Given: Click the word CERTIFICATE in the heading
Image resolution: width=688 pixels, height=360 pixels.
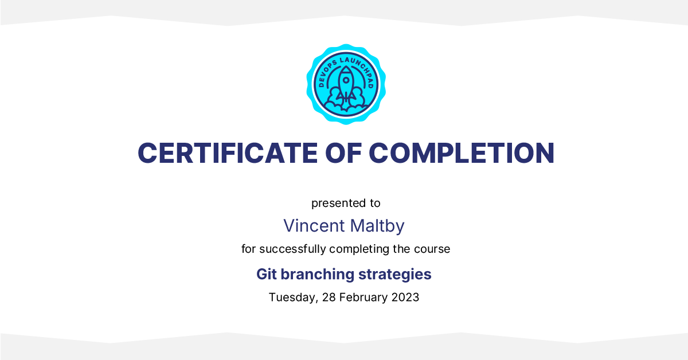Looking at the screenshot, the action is (x=228, y=153).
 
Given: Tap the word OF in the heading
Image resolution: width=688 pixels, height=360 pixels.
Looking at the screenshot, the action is (x=343, y=153).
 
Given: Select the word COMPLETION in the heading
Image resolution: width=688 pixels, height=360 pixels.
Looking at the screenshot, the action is (x=462, y=153).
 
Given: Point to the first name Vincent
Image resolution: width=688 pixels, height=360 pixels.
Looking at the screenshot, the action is (x=314, y=226).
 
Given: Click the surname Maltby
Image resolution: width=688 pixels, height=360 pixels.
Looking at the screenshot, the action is (x=377, y=226).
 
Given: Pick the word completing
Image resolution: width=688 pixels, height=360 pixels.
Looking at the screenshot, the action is (x=359, y=249).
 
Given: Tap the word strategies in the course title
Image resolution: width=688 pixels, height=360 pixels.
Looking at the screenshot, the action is (x=394, y=275).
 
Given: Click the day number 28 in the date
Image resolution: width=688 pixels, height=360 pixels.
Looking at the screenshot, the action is (x=329, y=298).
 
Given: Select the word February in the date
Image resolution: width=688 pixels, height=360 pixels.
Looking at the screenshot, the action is (x=363, y=298).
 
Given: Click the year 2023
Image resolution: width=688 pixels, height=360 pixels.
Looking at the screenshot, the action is (x=405, y=298).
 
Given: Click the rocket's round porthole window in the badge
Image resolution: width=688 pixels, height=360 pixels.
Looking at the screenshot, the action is (x=346, y=80).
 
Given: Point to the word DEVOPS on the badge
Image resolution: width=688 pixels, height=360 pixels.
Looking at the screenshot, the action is (x=326, y=72).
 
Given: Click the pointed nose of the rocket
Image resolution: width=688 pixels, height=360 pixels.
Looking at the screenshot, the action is (x=346, y=66).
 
